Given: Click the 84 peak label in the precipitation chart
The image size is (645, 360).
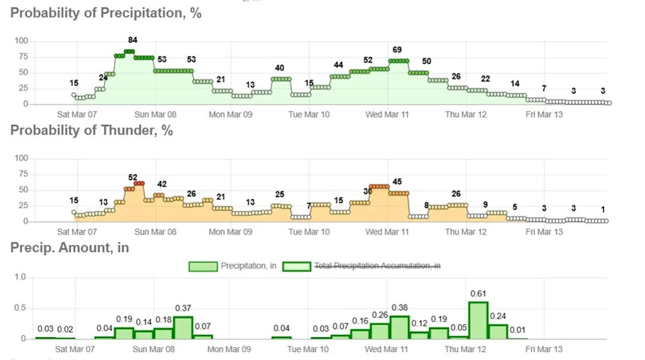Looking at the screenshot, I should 133,40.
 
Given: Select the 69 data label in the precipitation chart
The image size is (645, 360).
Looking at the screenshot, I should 397,50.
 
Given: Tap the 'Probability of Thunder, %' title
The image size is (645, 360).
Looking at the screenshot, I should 91,130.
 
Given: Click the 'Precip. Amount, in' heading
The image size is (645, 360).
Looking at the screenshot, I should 69,248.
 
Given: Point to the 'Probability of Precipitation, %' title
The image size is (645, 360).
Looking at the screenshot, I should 105,13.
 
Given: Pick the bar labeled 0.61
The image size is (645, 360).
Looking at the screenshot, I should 478,320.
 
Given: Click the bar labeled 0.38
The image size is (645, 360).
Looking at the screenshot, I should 400,327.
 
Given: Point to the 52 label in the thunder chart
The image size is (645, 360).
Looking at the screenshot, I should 133,177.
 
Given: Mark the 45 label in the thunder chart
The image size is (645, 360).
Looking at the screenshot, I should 397,182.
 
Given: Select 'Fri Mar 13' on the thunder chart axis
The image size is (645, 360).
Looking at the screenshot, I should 544,232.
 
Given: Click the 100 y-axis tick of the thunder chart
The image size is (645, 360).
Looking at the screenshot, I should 21,159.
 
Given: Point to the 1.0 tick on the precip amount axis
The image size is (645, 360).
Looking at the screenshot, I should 19,277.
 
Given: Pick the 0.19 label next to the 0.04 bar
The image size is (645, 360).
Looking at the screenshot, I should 124,319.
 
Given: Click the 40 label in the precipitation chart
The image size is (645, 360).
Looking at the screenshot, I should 279,68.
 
